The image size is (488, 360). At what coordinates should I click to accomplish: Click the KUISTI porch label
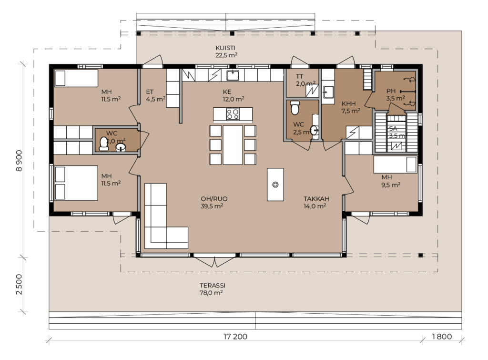[225, 48]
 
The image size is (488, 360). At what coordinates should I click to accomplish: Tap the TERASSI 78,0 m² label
[212, 289]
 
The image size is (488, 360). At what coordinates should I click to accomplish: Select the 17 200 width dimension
[235, 336]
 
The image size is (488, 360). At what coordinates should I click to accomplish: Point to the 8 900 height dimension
[19, 161]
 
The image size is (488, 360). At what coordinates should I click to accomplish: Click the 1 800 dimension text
[442, 336]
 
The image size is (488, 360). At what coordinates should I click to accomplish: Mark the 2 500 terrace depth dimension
[19, 284]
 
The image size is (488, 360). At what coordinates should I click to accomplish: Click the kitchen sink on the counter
[233, 75]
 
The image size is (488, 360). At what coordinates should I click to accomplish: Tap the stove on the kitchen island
[233, 114]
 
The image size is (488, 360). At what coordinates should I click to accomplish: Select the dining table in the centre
[233, 145]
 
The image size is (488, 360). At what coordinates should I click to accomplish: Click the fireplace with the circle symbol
[275, 185]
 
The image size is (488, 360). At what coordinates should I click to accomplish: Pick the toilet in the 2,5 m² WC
[295, 107]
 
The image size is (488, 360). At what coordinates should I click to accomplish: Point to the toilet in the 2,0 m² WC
[103, 144]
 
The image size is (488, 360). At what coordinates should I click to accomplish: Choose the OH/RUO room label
[214, 199]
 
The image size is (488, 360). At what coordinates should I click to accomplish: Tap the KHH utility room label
[348, 103]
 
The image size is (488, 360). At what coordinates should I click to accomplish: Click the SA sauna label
[393, 129]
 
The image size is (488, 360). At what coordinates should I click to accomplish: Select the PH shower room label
[391, 91]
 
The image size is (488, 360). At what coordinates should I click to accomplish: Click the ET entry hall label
[150, 92]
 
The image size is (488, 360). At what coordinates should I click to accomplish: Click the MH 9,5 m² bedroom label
[391, 181]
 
